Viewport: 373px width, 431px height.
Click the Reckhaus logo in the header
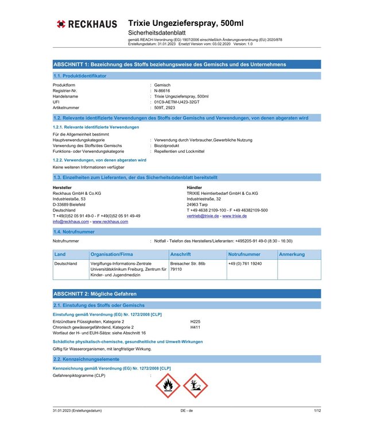click(x=87, y=24)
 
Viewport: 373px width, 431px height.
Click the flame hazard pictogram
click(x=168, y=385)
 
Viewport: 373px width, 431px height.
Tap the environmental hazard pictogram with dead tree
click(x=195, y=385)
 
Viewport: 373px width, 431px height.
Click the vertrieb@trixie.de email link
click(x=203, y=215)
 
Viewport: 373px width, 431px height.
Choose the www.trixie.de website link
click(x=235, y=215)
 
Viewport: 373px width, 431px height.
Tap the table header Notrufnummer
click(x=244, y=254)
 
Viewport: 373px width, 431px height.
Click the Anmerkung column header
click(x=292, y=254)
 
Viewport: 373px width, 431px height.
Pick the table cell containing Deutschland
click(x=65, y=263)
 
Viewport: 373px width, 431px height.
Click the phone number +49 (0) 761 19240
click(x=245, y=263)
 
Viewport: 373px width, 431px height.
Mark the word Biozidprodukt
click(x=169, y=145)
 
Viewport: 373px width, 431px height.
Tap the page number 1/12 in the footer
click(x=317, y=411)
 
